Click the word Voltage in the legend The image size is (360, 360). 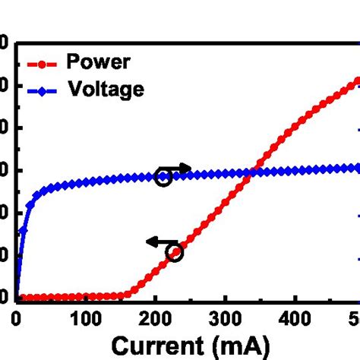pyautogui.click(x=106, y=90)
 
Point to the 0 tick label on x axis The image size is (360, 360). pyautogui.click(x=16, y=318)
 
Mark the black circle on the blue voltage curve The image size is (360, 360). pyautogui.click(x=162, y=178)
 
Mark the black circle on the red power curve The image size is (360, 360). pyautogui.click(x=175, y=253)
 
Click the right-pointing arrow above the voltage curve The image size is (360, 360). pyautogui.click(x=179, y=169)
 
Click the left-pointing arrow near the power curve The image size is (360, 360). pyautogui.click(x=157, y=242)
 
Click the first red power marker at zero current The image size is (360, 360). pyautogui.click(x=17, y=298)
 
